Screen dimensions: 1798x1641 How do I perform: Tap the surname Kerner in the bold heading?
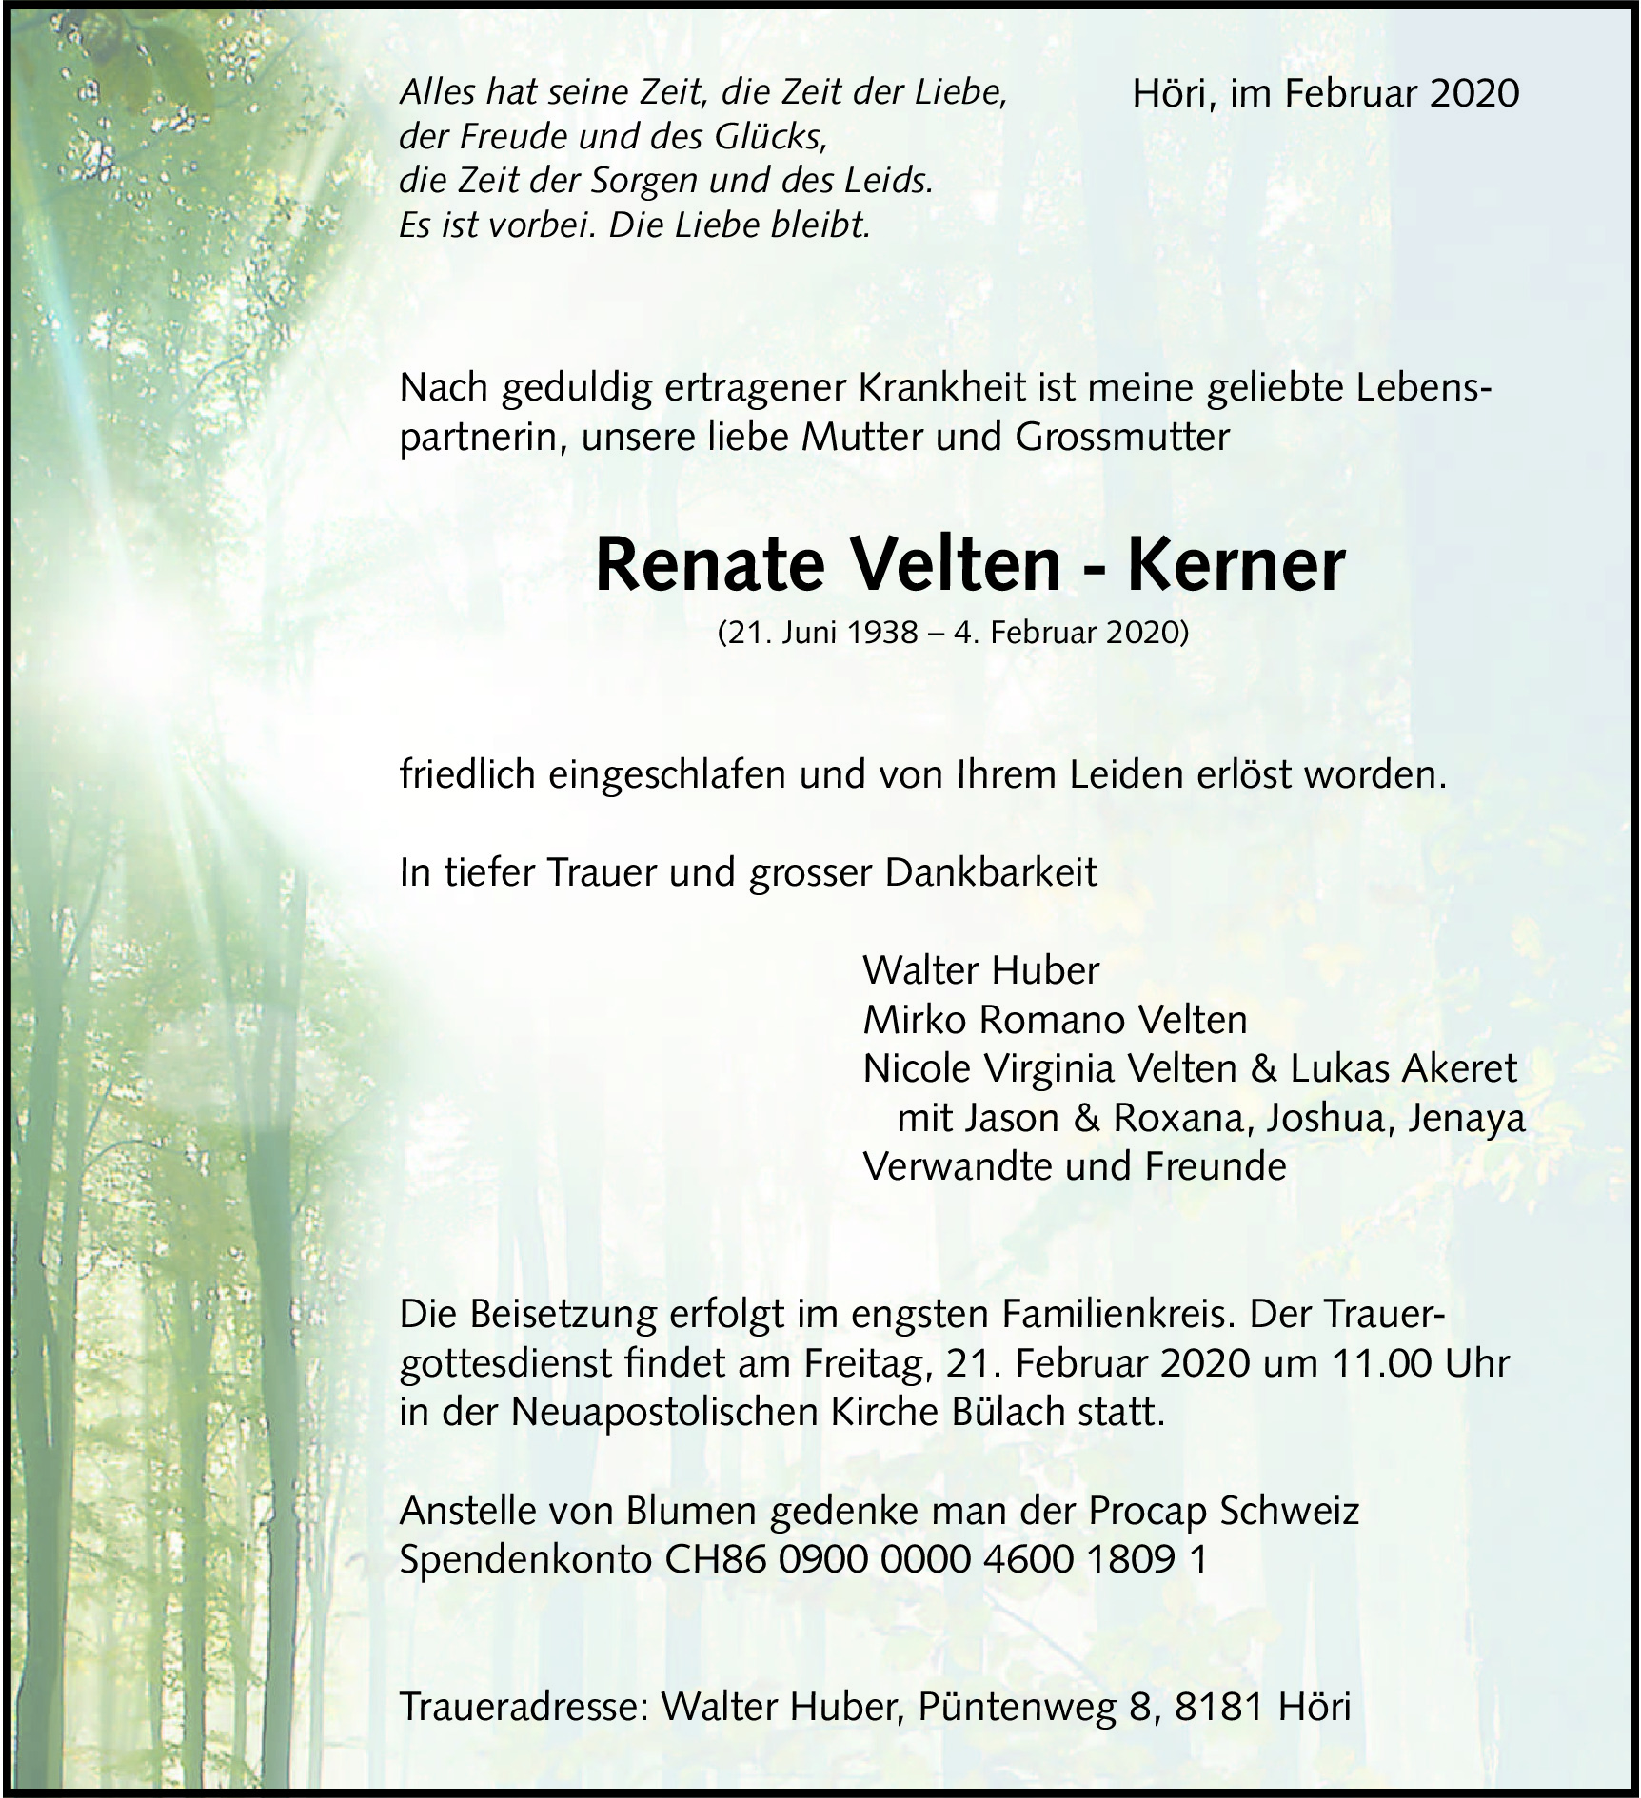(1236, 566)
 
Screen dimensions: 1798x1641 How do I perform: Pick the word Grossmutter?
(1122, 437)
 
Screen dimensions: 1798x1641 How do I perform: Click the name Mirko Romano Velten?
(1055, 1020)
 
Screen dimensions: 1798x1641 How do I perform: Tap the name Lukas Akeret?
(1403, 1068)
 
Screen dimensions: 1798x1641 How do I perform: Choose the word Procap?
(1149, 1511)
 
